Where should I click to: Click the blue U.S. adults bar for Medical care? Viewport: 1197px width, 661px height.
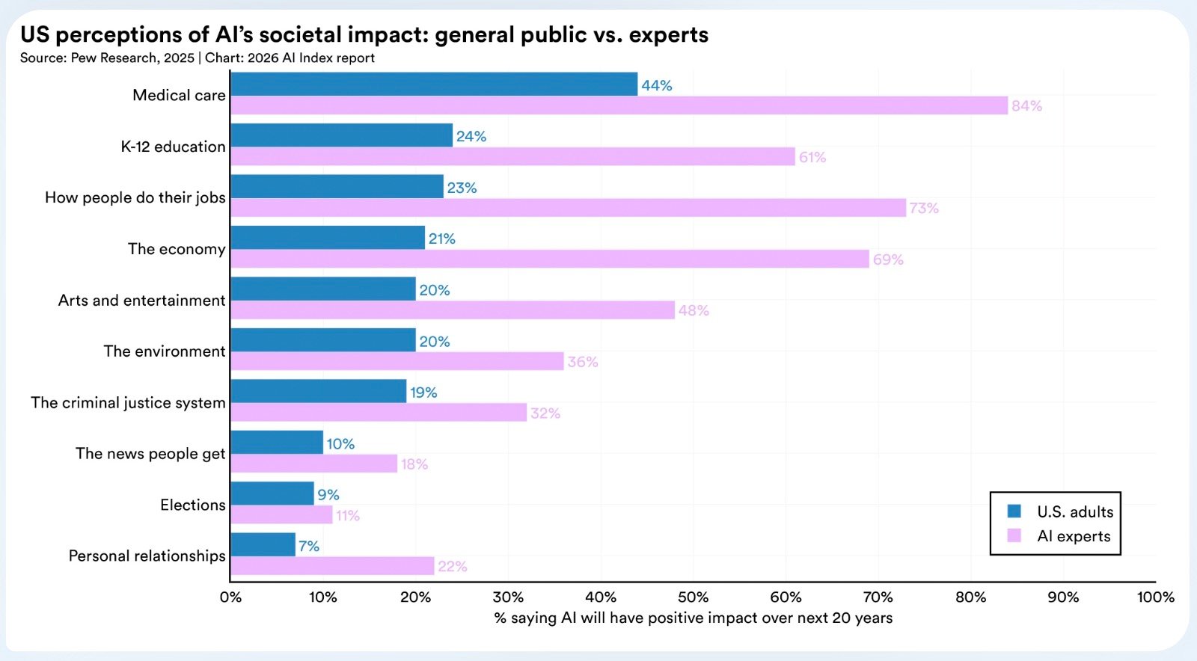click(x=434, y=84)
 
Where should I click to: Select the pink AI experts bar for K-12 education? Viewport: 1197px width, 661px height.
click(x=512, y=156)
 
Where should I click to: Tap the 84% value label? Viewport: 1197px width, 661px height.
click(x=1026, y=106)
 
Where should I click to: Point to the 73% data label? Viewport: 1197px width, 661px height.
click(x=924, y=209)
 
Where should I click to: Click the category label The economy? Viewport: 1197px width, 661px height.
click(x=177, y=249)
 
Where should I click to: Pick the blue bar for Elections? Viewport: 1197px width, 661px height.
click(x=272, y=494)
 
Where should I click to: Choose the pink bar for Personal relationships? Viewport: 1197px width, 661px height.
click(x=332, y=566)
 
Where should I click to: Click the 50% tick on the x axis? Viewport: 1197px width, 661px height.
click(x=693, y=597)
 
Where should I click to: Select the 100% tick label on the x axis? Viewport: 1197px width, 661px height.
click(x=1155, y=597)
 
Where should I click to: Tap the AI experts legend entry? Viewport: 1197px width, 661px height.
click(x=1073, y=536)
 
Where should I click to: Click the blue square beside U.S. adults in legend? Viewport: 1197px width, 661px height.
click(x=1014, y=511)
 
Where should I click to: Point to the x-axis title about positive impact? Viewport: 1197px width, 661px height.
click(x=693, y=618)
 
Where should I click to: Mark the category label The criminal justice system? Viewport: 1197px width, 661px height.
click(x=128, y=403)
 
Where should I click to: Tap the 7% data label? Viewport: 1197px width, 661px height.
click(x=309, y=547)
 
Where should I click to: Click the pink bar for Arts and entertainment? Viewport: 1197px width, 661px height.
click(x=453, y=310)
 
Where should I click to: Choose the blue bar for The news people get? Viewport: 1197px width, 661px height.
click(x=277, y=442)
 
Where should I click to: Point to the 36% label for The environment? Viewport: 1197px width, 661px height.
click(x=583, y=362)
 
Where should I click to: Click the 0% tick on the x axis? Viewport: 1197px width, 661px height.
click(x=230, y=597)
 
